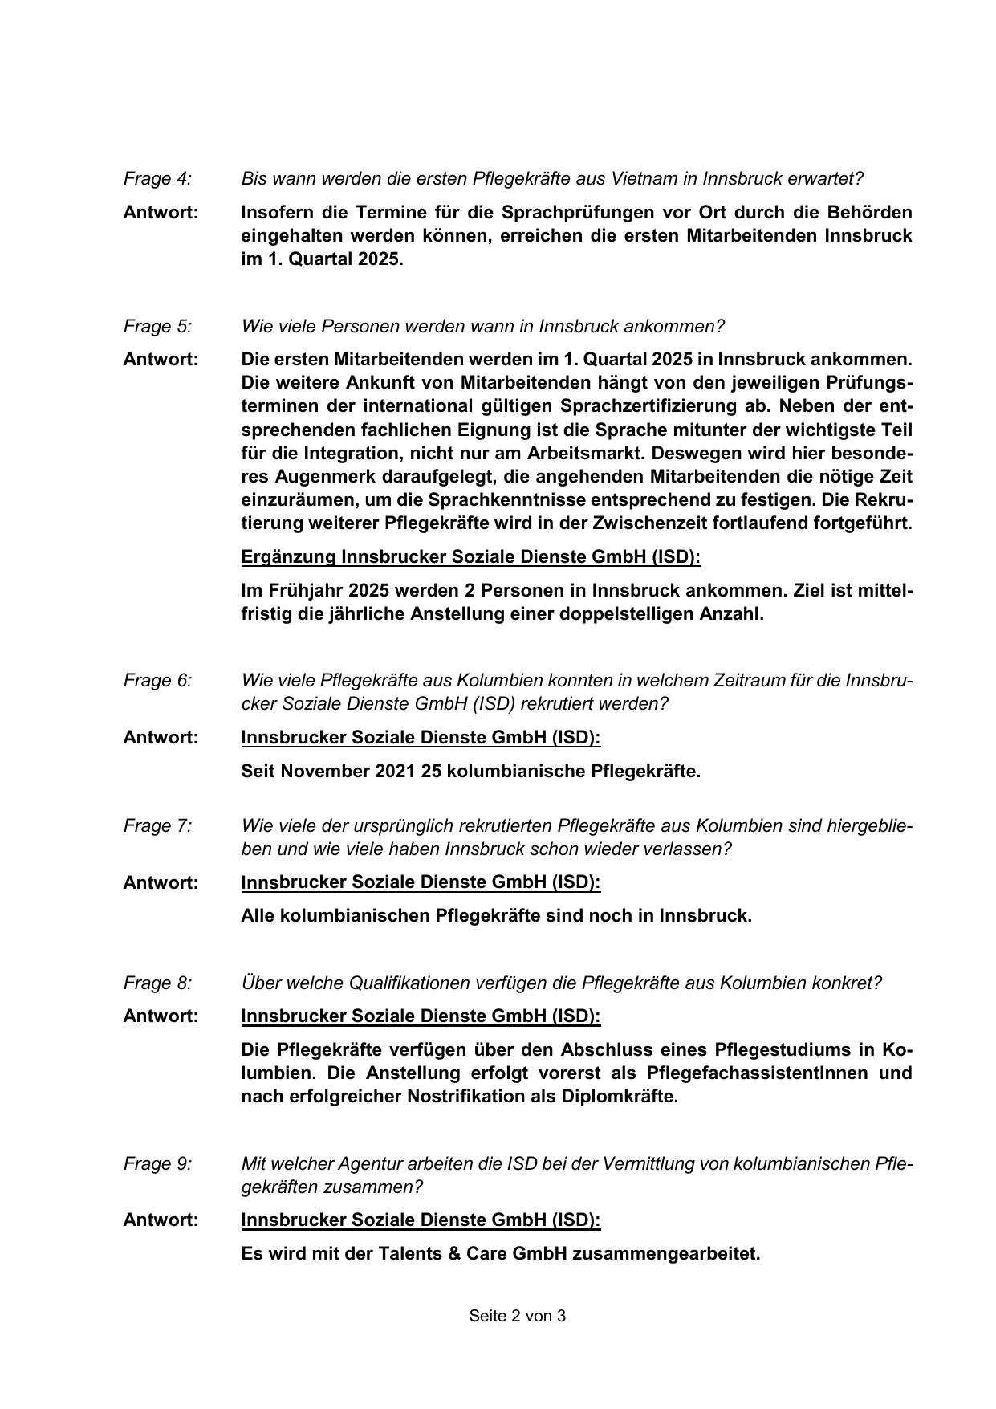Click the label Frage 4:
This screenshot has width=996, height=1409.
pyautogui.click(x=157, y=178)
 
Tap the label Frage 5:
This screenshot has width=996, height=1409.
pyautogui.click(x=157, y=327)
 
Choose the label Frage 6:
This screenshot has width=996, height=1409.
pyautogui.click(x=157, y=681)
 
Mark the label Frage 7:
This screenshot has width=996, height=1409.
pyautogui.click(x=157, y=826)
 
